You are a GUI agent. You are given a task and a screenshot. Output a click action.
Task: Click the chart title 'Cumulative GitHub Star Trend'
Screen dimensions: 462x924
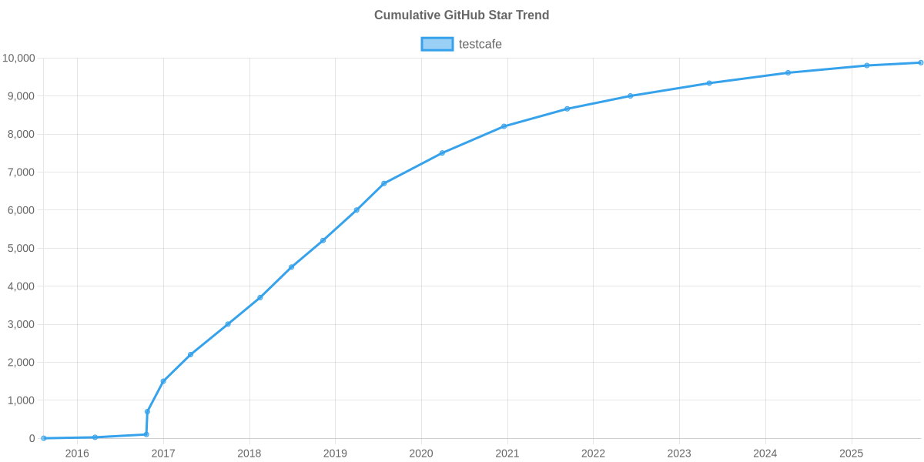[x=461, y=15]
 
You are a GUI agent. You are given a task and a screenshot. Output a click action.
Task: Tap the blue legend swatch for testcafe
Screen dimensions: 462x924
[x=437, y=45]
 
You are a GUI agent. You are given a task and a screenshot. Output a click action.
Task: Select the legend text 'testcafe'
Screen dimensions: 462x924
[x=480, y=45]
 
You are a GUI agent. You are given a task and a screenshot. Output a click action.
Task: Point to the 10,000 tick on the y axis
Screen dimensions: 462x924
[x=18, y=59]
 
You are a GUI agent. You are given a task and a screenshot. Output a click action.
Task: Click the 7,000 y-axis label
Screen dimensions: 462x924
[x=21, y=172]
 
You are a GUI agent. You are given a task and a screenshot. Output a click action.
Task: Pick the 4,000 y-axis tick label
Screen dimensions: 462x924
[x=21, y=286]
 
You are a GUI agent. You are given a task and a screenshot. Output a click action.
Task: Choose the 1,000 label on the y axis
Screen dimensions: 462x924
[x=21, y=400]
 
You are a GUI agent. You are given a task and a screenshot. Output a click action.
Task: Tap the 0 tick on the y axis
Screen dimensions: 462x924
[x=32, y=439]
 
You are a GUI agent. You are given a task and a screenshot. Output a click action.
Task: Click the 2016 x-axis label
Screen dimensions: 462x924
[x=77, y=454]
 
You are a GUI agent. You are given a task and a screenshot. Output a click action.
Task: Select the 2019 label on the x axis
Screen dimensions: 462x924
[x=335, y=454]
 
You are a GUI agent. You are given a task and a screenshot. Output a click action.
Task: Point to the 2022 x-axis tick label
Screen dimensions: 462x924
[x=593, y=454]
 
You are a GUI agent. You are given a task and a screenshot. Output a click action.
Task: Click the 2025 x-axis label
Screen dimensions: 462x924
[x=851, y=454]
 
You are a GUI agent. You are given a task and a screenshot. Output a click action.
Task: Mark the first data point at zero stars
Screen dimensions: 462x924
[x=44, y=438]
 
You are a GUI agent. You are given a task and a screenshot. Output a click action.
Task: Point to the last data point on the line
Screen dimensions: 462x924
[x=920, y=62]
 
